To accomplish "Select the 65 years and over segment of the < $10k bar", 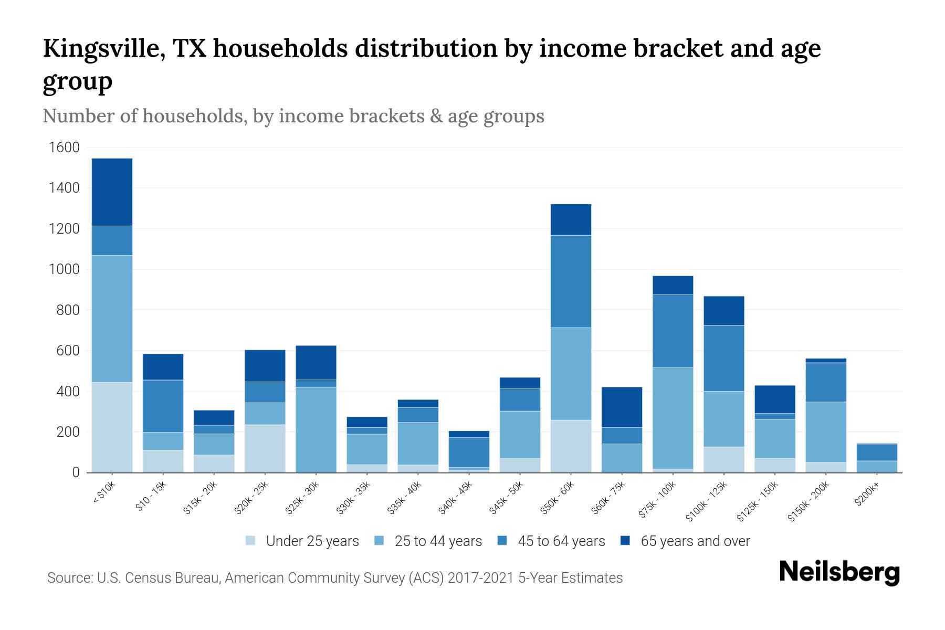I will coord(112,192).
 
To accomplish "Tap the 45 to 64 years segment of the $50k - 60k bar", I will coord(571,281).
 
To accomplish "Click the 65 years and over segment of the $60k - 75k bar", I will coord(622,407).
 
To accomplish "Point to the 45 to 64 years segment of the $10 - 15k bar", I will coord(163,406).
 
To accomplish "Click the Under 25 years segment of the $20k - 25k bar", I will coord(265,448).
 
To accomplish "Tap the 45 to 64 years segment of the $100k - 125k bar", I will coord(723,358).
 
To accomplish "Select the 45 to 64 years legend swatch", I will coord(502,541).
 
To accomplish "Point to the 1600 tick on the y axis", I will coord(64,148).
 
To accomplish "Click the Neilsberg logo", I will coord(839,572).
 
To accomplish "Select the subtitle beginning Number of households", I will coord(293,116).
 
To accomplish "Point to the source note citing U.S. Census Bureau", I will coord(334,578).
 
